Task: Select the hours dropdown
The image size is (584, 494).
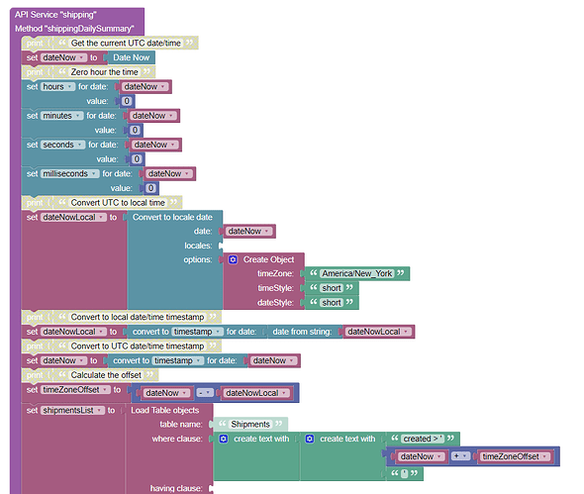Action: pyautogui.click(x=57, y=87)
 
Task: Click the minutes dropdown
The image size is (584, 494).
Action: pyautogui.click(x=61, y=116)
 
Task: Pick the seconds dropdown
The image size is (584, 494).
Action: pyautogui.click(x=63, y=145)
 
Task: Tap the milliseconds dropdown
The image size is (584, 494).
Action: pyautogui.click(x=70, y=174)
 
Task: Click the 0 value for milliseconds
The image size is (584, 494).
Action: pyautogui.click(x=150, y=188)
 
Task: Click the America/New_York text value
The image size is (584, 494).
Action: pyautogui.click(x=357, y=274)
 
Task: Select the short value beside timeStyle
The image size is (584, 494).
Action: pyautogui.click(x=332, y=288)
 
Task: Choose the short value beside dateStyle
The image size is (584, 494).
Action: pyautogui.click(x=332, y=303)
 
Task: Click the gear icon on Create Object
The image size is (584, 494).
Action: pyautogui.click(x=233, y=259)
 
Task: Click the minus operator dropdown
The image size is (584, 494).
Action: pyautogui.click(x=205, y=393)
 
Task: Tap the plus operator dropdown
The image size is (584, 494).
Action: pyautogui.click(x=460, y=456)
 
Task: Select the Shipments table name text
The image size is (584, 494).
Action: pyautogui.click(x=250, y=425)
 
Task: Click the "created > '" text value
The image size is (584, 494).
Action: pyautogui.click(x=423, y=439)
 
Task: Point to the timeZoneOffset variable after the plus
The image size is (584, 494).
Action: pyautogui.click(x=515, y=456)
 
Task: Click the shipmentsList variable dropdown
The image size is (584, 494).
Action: pyautogui.click(x=72, y=411)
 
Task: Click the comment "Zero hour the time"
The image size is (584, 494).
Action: pyautogui.click(x=104, y=72)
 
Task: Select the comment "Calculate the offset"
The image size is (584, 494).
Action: pyautogui.click(x=106, y=375)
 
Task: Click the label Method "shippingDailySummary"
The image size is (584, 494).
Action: pyautogui.click(x=74, y=29)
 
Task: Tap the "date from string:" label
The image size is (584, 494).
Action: pyautogui.click(x=302, y=332)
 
